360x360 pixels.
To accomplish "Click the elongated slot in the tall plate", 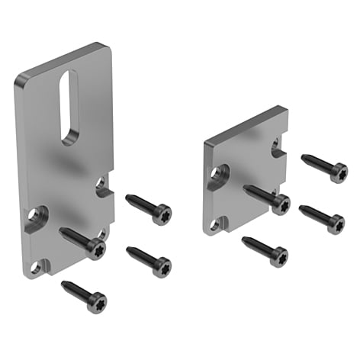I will pyautogui.click(x=69, y=107).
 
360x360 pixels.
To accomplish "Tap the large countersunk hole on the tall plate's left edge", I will pyautogui.click(x=34, y=216).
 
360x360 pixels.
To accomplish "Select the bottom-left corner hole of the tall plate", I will pyautogui.click(x=34, y=269).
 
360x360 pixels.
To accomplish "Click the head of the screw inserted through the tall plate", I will pyautogui.click(x=95, y=248).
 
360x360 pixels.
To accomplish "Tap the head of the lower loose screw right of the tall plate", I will pyautogui.click(x=161, y=265).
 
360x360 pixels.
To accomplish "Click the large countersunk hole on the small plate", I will pyautogui.click(x=220, y=173).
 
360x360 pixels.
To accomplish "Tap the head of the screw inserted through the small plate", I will pyautogui.click(x=280, y=204).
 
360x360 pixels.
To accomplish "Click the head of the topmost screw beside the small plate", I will pyautogui.click(x=337, y=172).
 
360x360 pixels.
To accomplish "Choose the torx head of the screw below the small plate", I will pyautogui.click(x=278, y=256).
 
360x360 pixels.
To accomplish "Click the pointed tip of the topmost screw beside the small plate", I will pyautogui.click(x=304, y=157).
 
